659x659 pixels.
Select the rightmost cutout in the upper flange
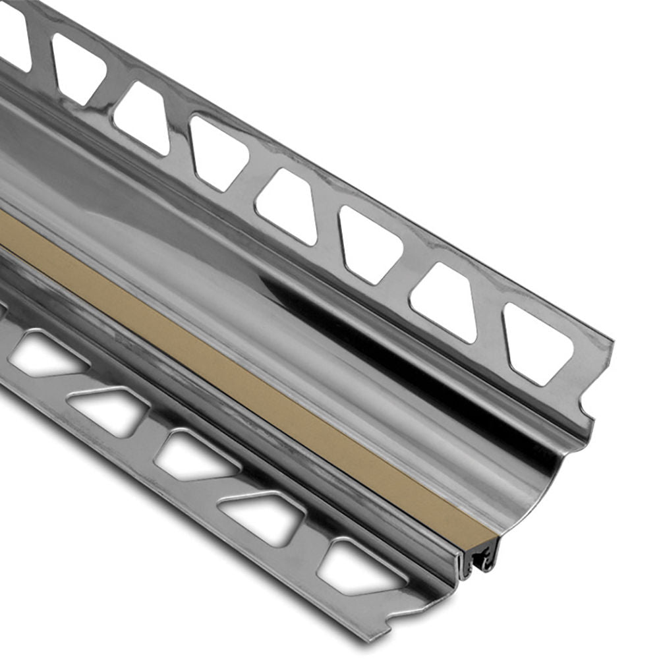537,343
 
